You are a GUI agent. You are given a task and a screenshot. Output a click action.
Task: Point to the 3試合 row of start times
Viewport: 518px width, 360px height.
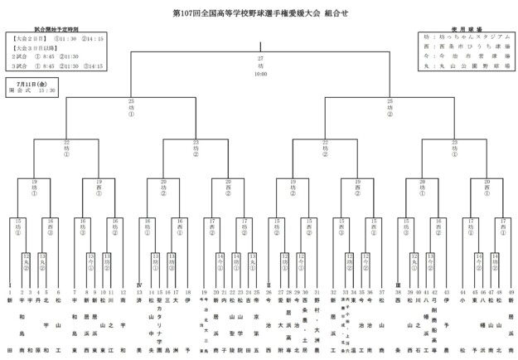coord(56,66)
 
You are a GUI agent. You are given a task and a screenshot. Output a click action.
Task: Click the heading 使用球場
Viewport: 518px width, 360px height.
coord(467,29)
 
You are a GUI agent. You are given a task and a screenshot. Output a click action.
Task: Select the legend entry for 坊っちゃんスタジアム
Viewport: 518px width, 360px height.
coord(467,38)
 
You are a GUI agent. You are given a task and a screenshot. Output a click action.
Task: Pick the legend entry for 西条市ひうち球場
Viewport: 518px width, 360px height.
coord(467,47)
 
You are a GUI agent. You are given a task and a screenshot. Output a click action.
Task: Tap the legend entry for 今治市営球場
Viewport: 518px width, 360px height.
coord(467,56)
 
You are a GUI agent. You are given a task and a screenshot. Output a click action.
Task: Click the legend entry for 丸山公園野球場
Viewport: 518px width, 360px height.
coord(467,66)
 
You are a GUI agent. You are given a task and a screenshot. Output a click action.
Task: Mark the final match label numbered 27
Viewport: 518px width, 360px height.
coord(260,57)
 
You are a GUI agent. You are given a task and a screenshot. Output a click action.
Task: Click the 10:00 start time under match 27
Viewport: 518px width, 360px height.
coord(260,74)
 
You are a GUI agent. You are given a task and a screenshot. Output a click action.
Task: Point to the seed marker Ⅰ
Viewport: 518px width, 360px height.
coord(10,285)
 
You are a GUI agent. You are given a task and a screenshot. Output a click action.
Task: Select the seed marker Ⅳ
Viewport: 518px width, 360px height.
coord(139,285)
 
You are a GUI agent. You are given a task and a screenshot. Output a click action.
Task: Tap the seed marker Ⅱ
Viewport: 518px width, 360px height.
coord(269,285)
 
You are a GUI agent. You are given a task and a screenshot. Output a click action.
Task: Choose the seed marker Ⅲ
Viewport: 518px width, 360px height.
coord(398,285)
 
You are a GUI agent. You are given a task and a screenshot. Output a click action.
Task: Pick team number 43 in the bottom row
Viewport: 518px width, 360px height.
coord(448,293)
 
